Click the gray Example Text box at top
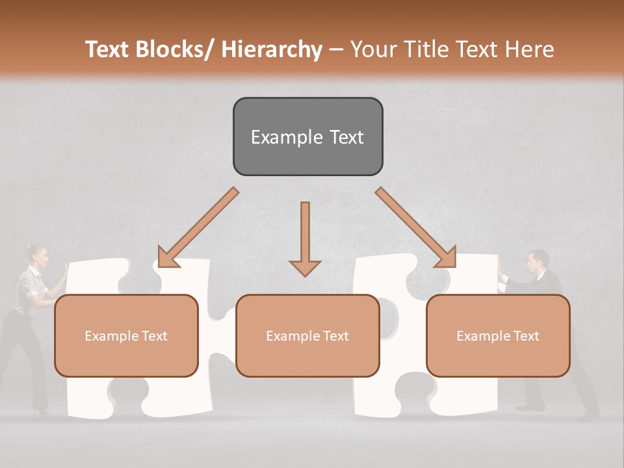[307, 136]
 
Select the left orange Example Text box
[126, 335]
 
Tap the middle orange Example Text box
[307, 335]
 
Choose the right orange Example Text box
[498, 335]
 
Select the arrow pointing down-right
[416, 227]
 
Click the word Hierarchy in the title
[272, 49]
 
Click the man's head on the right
[536, 261]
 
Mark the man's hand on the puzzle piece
[499, 266]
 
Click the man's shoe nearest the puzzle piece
[530, 407]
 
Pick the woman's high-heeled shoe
[43, 412]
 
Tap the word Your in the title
[373, 49]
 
